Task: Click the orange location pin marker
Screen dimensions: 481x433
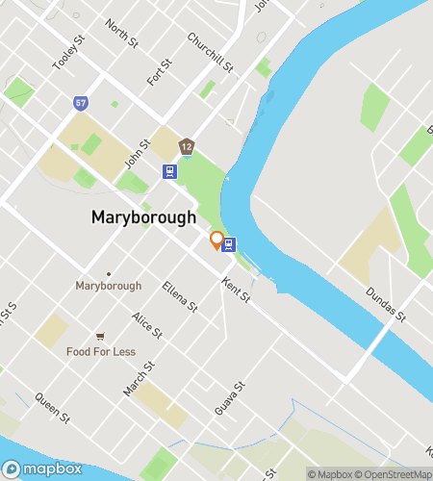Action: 216,240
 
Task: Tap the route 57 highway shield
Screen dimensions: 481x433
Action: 79,102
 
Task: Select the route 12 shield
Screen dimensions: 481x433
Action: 187,147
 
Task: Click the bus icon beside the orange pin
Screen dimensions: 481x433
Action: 229,244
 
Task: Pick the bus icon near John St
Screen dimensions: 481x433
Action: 169,171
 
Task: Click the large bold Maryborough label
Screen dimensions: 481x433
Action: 143,217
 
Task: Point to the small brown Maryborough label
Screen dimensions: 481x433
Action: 109,286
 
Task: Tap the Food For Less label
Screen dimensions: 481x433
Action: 100,351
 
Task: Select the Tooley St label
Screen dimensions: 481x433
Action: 64,58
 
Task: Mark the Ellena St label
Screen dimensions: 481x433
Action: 180,295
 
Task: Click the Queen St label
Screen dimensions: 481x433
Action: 52,407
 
